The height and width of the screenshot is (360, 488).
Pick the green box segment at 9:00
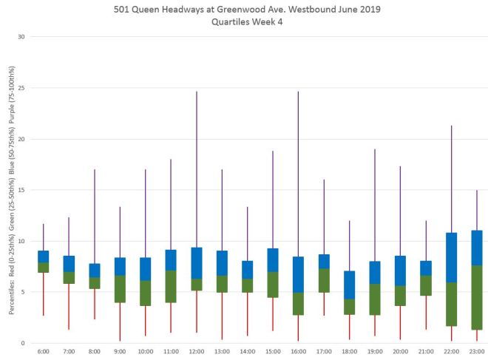point(120,288)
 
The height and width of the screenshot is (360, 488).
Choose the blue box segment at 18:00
point(349,285)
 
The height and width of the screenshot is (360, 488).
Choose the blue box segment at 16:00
point(298,274)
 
